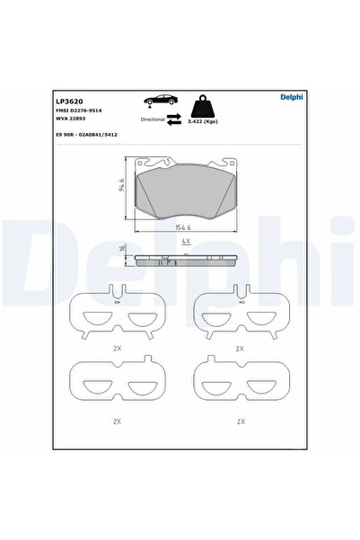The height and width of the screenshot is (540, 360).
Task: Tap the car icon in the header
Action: pyautogui.click(x=157, y=102)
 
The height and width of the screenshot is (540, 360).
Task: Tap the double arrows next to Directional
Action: pyautogui.click(x=177, y=118)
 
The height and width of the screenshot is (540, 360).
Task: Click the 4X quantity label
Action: pyautogui.click(x=184, y=243)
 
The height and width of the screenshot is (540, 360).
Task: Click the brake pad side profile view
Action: pyautogui.click(x=184, y=260)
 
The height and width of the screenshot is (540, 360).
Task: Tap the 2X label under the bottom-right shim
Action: pyautogui.click(x=239, y=420)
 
